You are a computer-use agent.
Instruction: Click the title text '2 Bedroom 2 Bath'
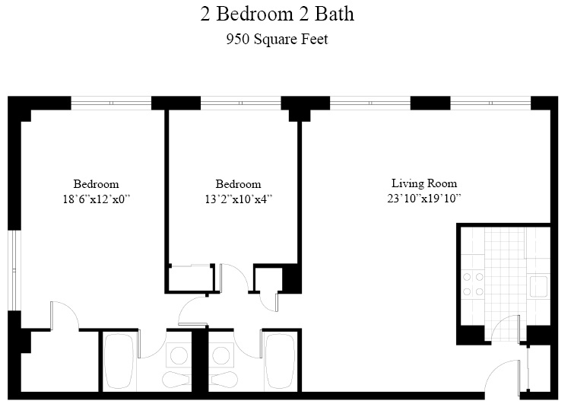click(277, 14)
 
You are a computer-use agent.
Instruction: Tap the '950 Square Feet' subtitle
click(277, 40)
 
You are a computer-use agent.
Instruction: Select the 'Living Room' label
click(423, 183)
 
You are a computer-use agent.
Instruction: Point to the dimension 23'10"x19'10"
click(423, 199)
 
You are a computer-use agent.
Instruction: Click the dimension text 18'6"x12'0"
click(96, 199)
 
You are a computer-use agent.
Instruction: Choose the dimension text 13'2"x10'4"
click(238, 199)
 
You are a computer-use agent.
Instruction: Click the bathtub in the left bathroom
click(119, 361)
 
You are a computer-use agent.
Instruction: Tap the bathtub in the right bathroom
click(279, 361)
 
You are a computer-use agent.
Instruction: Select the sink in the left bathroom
click(178, 355)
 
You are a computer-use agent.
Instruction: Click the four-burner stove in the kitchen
click(474, 285)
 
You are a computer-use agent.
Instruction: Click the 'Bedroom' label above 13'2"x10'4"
click(238, 184)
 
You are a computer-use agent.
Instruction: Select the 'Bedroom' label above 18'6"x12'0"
click(96, 184)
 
